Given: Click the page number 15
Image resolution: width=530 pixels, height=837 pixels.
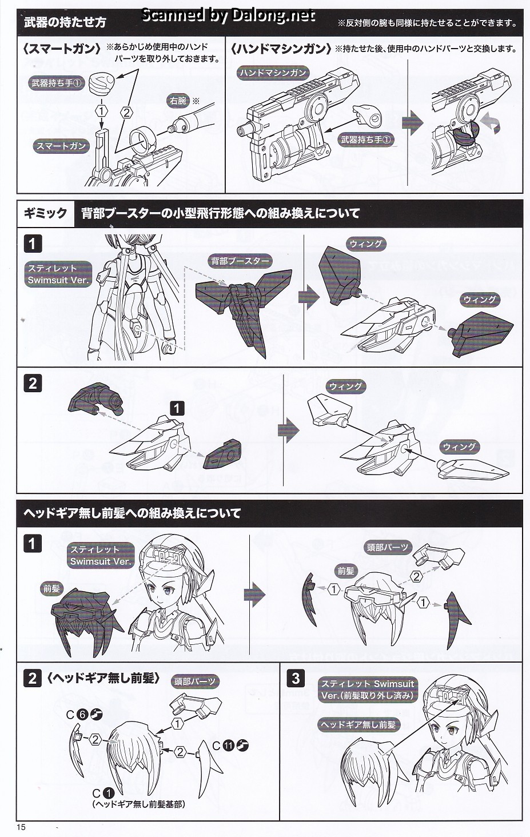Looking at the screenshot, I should click(x=22, y=827).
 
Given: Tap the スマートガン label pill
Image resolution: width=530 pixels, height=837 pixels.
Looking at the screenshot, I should click(x=61, y=146).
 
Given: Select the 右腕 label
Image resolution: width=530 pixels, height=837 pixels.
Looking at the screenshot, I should click(x=178, y=101).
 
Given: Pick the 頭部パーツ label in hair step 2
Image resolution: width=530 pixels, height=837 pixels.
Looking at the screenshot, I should click(x=195, y=681).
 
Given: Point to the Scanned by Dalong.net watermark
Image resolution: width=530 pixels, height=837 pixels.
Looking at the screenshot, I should click(x=228, y=15).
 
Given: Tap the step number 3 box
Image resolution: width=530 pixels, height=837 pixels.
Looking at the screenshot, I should click(x=295, y=678).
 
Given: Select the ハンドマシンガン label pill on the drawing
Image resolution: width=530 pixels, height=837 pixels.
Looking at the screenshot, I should click(x=274, y=73).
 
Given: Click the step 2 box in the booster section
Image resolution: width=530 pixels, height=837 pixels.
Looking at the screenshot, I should click(x=32, y=383).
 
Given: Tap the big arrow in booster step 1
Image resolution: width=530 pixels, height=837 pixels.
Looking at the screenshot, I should click(x=309, y=297).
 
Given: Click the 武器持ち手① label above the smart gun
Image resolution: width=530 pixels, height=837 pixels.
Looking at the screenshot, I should click(x=57, y=83).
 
